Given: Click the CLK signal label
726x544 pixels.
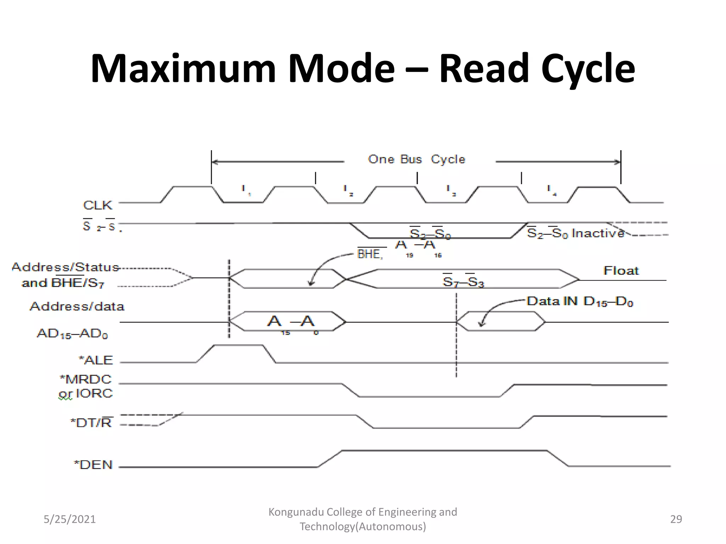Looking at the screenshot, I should pos(97,205).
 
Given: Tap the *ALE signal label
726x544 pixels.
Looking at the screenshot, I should pos(96,360).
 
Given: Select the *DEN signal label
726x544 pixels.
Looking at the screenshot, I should pos(93,465).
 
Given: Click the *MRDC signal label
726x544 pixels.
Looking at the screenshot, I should pos(86,379).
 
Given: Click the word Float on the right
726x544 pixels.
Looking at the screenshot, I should pos(621,271).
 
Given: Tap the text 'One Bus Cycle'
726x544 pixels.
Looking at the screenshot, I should pos(417,159).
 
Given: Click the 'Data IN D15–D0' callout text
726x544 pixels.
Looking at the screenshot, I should pos(580,301).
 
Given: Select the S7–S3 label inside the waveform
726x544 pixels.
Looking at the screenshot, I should pos(463,282).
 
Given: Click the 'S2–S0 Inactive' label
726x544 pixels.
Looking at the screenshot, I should pos(575,233).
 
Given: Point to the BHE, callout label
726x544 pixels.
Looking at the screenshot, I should pos(370,254).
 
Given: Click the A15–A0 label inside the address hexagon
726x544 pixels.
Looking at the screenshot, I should pos(291,322).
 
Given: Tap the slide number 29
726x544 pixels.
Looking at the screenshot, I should pos(676,519).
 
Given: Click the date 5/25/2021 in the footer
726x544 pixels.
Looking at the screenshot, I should pos(69,519).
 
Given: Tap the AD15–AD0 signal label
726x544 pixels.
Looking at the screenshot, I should pos(72,334).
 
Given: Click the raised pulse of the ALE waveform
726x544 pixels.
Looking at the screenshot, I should pos(239,345).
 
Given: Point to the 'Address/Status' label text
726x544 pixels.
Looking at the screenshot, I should pos(65,267).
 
